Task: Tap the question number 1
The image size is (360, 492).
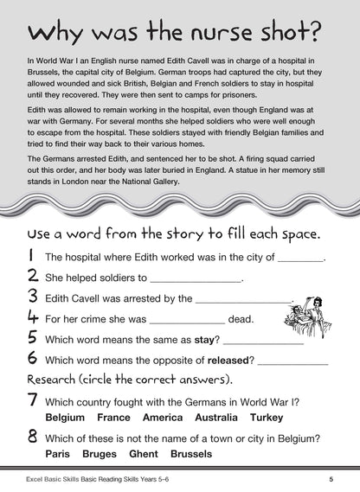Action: [x=30, y=256]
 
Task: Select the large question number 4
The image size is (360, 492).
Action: [x=31, y=318]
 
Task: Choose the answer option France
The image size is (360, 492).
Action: [x=119, y=417]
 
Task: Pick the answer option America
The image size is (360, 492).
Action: [x=168, y=417]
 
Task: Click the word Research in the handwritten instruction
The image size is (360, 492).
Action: [x=59, y=380]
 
